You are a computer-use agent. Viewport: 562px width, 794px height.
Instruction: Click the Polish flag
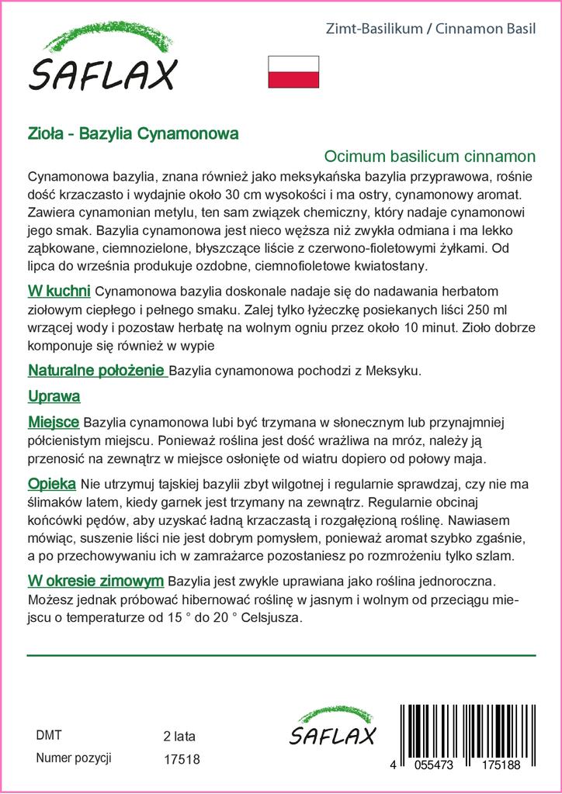click(293, 71)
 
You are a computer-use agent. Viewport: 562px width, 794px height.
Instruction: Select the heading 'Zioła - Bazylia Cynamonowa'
click(133, 133)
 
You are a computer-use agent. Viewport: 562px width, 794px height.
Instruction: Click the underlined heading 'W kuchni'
click(60, 291)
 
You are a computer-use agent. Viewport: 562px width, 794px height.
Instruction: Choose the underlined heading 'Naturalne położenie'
click(97, 370)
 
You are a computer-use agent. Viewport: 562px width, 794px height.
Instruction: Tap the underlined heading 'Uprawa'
click(54, 396)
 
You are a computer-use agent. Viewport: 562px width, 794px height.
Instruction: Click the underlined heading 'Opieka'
click(51, 483)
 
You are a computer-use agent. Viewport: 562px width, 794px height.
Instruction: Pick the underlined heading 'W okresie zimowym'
click(95, 580)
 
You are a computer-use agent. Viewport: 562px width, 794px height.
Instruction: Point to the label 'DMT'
click(49, 735)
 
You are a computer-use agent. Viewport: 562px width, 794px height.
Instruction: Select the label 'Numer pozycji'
click(75, 758)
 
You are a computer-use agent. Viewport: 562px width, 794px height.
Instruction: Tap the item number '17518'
click(182, 759)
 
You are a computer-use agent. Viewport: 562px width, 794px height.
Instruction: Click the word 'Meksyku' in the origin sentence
click(395, 371)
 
